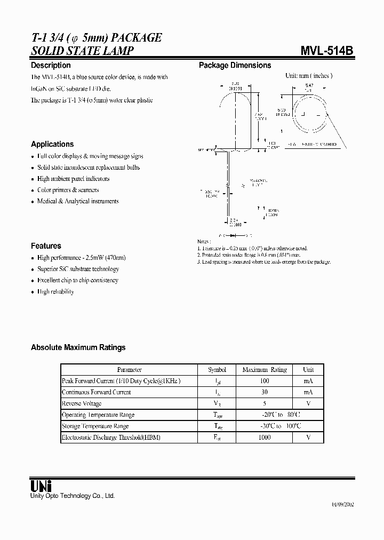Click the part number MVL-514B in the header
tap(326, 51)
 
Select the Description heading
tap(51, 65)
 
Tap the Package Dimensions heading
tap(235, 65)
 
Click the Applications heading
tap(52, 144)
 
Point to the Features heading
tap(46, 246)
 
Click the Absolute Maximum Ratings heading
tap(78, 347)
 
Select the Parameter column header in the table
tap(129, 369)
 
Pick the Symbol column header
tap(217, 369)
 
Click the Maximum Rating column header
tap(264, 369)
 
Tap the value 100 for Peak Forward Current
tap(264, 381)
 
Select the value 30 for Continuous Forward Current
tap(264, 392)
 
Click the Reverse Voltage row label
tap(82, 403)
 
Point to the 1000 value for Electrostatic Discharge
tap(264, 437)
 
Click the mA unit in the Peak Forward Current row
tap(308, 381)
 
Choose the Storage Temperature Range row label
tap(95, 426)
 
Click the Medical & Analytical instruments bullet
tap(78, 201)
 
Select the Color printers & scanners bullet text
tap(68, 190)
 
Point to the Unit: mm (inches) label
tap(309, 76)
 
